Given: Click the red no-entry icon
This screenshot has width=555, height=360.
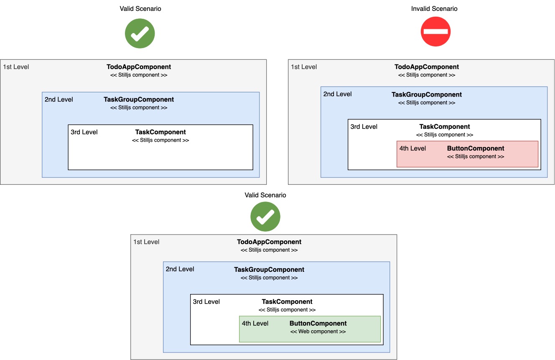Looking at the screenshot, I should [435, 31].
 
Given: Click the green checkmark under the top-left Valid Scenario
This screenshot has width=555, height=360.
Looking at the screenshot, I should [140, 33].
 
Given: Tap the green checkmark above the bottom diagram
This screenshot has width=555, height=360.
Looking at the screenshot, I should [265, 217].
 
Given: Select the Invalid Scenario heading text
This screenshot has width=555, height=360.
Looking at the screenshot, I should [434, 9].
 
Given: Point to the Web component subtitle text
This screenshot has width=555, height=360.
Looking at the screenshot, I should [318, 332].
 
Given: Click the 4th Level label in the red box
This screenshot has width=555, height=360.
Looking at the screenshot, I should [412, 148].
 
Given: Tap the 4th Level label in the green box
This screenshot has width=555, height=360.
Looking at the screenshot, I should [255, 324].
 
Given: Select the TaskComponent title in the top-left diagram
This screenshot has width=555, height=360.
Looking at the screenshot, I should [160, 132].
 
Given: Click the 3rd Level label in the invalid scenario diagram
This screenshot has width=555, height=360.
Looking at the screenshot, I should [364, 127].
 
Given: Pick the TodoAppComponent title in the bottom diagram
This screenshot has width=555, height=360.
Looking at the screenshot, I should [269, 242].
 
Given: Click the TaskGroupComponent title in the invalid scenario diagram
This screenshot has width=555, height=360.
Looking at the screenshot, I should [427, 95].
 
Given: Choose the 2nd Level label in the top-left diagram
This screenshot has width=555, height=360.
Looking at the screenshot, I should [59, 100].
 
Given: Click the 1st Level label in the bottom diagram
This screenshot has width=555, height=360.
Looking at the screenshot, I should [146, 242].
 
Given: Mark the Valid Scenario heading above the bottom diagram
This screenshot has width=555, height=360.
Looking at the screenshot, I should [265, 195].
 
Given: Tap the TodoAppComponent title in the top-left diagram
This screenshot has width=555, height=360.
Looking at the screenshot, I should [139, 67].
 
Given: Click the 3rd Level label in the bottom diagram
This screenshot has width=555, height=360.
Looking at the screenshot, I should [206, 302].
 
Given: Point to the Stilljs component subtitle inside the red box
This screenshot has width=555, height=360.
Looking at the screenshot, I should [476, 157].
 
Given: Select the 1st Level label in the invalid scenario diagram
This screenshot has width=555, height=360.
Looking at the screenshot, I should [304, 67].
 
